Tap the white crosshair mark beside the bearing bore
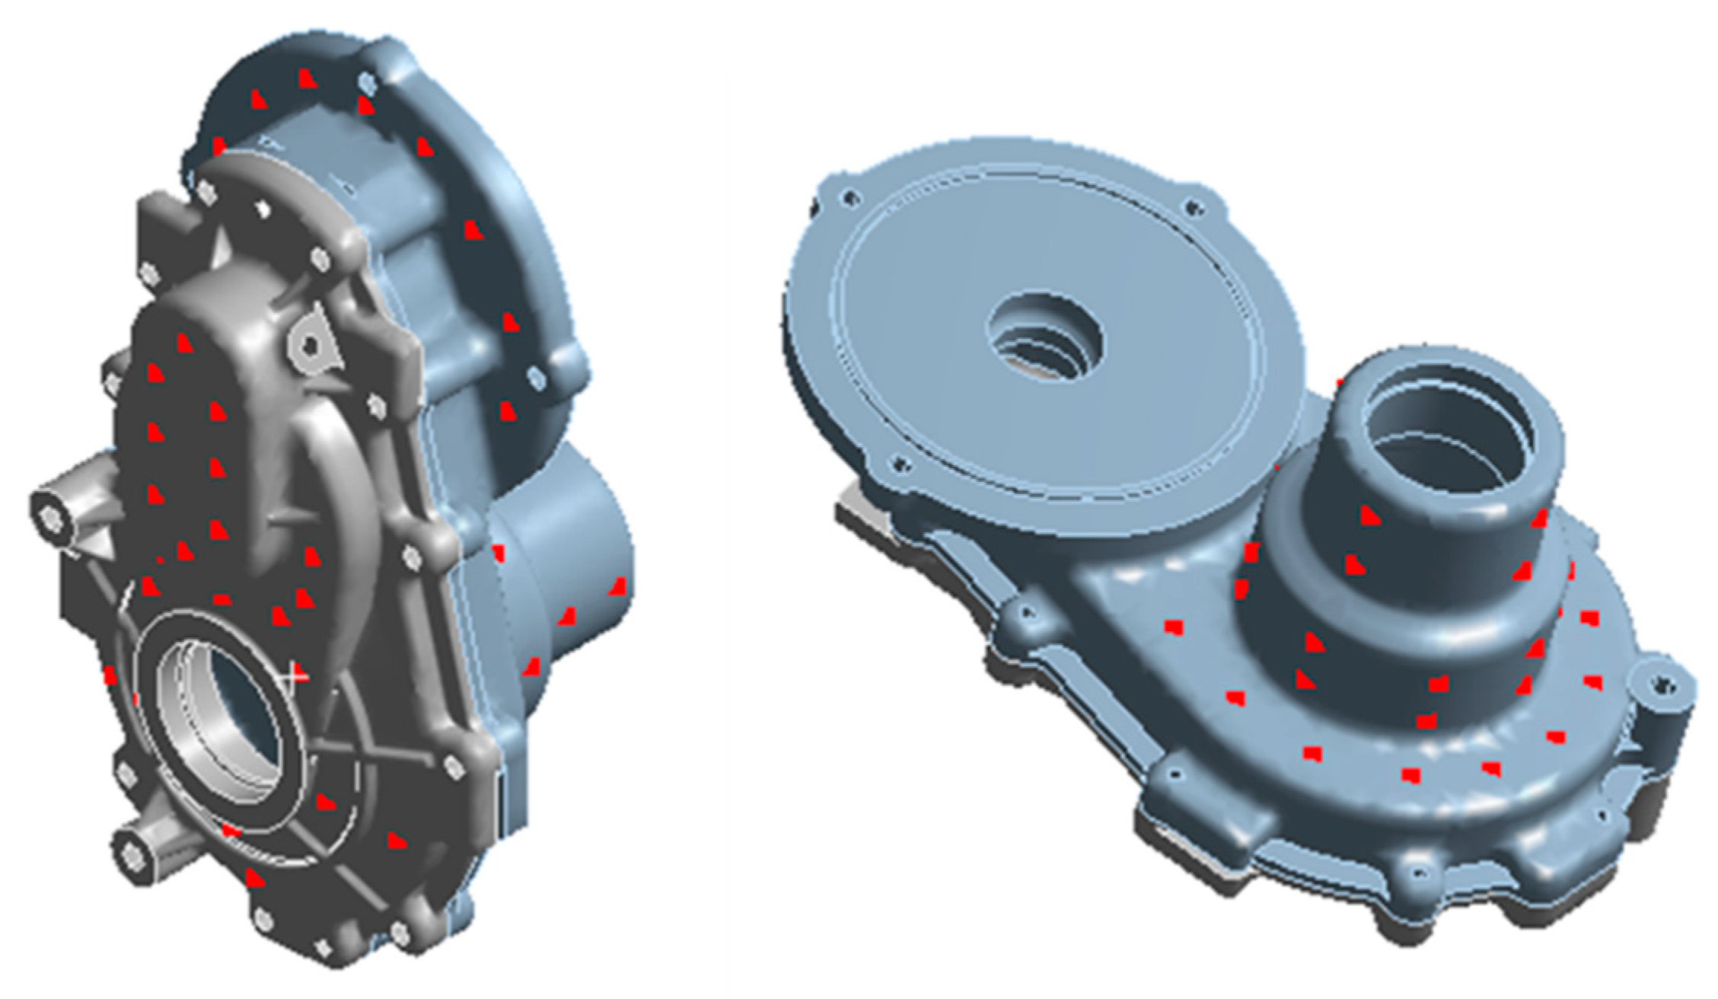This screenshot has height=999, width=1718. point(295,674)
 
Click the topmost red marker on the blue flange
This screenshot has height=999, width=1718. point(306,78)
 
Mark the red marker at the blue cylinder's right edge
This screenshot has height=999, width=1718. point(617,587)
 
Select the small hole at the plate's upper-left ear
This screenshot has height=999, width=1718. point(849,199)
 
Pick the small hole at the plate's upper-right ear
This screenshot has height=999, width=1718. point(1192,206)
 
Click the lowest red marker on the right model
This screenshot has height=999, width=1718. point(1412,776)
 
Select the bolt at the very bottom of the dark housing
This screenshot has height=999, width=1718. point(324,946)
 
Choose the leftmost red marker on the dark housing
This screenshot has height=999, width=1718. point(110,675)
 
